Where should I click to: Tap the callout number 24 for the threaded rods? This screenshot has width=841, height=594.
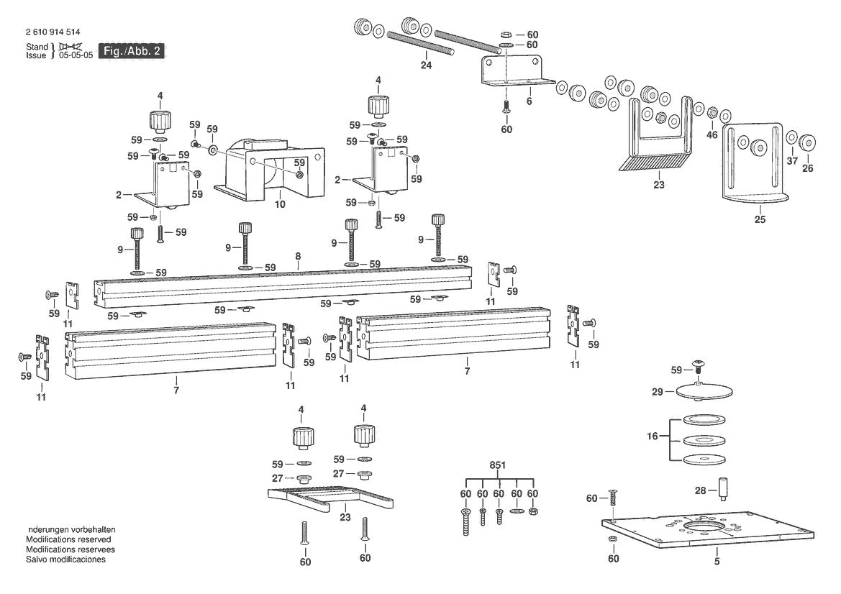tap(427, 65)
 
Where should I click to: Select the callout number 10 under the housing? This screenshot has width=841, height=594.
tap(280, 204)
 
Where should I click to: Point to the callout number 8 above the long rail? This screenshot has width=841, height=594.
tap(298, 257)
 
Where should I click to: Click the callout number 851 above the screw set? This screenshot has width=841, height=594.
tap(497, 465)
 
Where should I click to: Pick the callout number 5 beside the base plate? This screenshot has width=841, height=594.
tap(717, 561)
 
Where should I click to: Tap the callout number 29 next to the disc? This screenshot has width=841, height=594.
tap(657, 391)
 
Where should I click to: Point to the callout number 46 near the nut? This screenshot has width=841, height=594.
tap(712, 134)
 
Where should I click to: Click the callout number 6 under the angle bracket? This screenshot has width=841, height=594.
tap(529, 102)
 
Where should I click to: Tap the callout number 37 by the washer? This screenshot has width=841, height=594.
tap(792, 161)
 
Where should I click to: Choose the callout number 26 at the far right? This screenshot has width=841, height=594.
tap(807, 169)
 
